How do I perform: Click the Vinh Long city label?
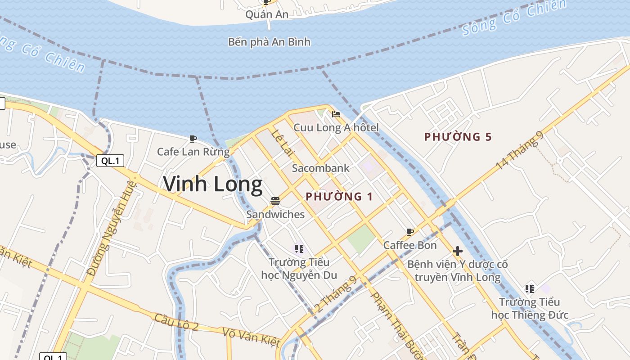pos(212,184)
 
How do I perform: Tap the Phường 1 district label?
pos(339,197)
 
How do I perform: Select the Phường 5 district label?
pos(458,137)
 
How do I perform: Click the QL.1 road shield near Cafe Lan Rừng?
pos(110,161)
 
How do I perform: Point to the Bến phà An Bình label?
pos(269,42)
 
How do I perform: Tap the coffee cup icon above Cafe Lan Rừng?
pos(193,139)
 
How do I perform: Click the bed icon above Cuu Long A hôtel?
pos(336,114)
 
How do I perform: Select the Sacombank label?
pos(320,168)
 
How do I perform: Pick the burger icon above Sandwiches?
pos(275,201)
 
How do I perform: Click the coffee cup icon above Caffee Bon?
pos(410,232)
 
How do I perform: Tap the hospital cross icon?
pos(458,251)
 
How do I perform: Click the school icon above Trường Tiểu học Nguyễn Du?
pos(299,249)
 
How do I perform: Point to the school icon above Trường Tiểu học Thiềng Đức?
pos(529,288)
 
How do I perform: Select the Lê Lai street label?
pos(282,143)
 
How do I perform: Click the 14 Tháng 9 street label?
pos(520,151)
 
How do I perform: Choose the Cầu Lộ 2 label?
pos(176,321)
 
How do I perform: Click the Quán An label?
pos(267,14)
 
